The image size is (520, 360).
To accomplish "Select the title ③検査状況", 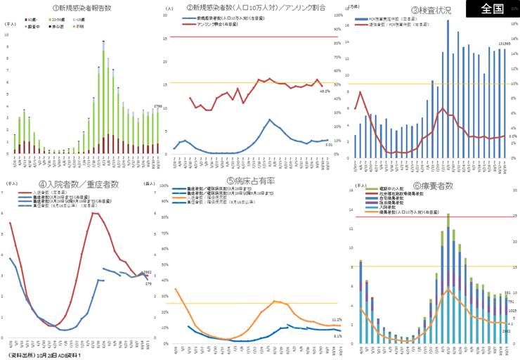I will pyautogui.click(x=431, y=11).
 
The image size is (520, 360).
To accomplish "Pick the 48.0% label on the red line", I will pyautogui.click(x=325, y=91).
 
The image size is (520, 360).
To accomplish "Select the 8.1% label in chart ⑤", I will pyautogui.click(x=337, y=336).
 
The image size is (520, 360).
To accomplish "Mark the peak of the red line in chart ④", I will pyautogui.click(x=94, y=212).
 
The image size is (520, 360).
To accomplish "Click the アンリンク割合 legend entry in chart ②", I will pyautogui.click(x=204, y=23).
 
